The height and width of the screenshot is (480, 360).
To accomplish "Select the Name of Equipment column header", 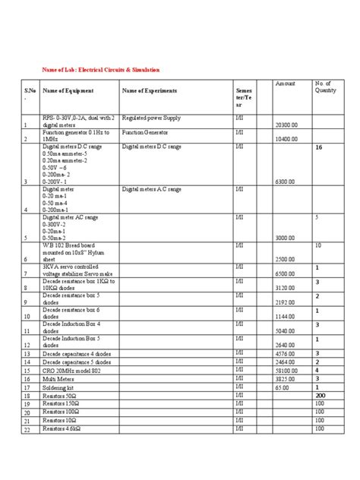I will click(x=68, y=91).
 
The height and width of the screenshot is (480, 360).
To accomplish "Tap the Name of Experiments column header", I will click(x=150, y=91).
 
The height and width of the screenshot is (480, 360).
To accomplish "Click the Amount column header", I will click(x=285, y=82).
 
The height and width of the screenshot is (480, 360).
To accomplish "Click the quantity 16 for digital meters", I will click(x=319, y=150).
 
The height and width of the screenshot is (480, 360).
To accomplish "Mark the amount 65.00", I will click(x=282, y=387).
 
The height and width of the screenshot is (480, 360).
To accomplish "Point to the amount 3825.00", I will click(x=285, y=378).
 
